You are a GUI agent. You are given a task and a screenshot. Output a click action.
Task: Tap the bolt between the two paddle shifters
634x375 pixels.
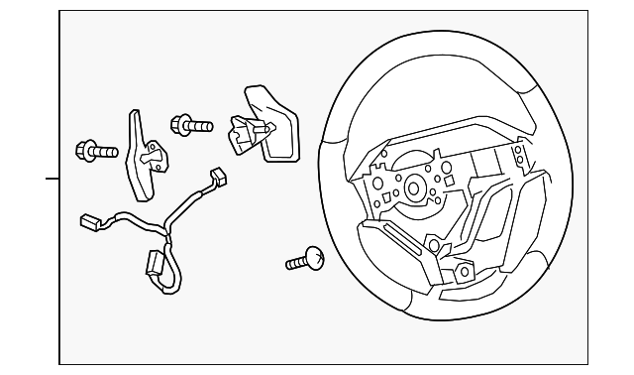[192, 126]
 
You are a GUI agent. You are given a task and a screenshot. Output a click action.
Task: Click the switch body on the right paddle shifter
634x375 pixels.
[244, 133]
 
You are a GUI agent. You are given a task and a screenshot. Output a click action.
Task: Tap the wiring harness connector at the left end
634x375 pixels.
[90, 224]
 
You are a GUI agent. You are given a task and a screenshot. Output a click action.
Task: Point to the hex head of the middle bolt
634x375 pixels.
[181, 125]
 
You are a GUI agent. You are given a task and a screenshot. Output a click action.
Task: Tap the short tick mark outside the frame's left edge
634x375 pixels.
[52, 180]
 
